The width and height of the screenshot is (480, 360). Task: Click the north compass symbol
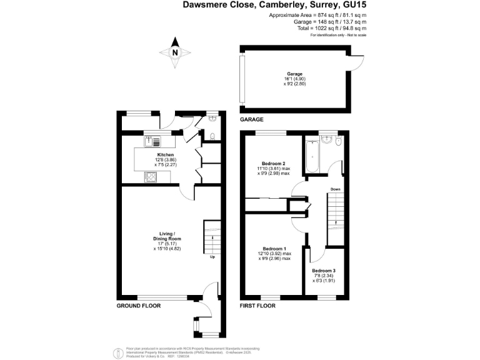175,54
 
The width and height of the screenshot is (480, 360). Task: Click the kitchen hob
151,177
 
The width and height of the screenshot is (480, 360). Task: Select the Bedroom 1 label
274,248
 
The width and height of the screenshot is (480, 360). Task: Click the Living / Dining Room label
167,236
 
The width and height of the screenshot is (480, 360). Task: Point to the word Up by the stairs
212,257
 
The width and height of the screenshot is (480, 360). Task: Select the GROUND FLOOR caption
139,306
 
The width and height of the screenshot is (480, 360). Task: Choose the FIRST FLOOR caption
258,306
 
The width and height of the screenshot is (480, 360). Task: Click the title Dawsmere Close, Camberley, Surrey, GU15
274,5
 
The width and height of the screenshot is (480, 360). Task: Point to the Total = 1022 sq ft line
330,28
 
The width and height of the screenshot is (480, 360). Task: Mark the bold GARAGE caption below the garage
252,119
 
